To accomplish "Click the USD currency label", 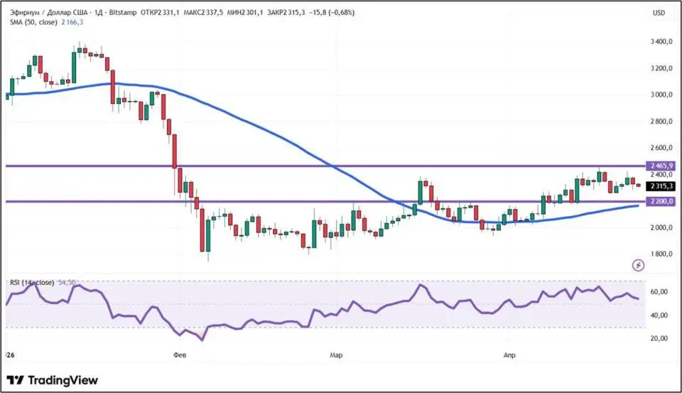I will tap(659, 13).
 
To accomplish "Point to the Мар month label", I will tap(336, 353).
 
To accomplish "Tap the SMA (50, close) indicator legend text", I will tap(33, 22).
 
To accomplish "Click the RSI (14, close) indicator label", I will tap(32, 283).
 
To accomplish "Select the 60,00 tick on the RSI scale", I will tap(658, 291).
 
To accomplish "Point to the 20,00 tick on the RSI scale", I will tap(658, 338).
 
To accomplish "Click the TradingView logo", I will tap(53, 380).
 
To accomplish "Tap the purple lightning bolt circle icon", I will tap(638, 265).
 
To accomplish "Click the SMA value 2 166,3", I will tap(71, 22).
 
